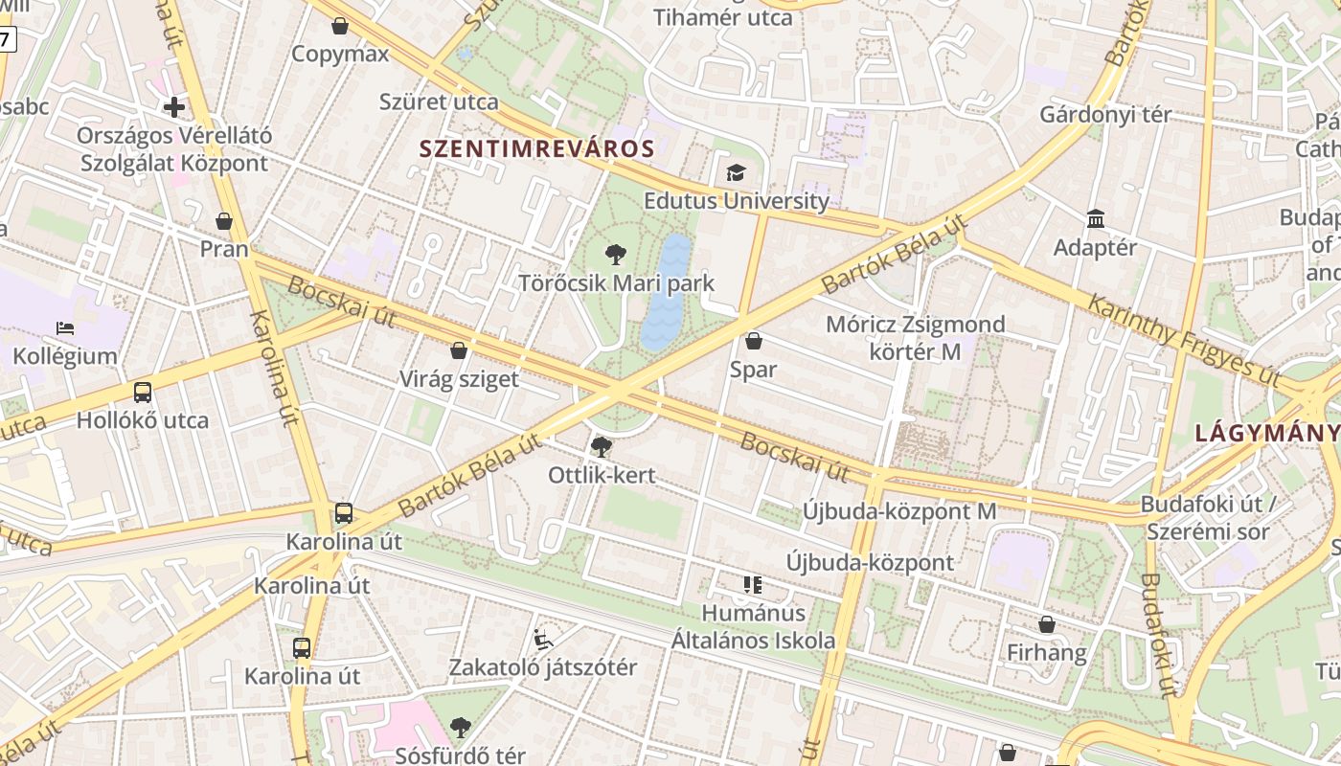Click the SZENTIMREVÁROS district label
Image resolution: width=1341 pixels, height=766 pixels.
click(536, 148)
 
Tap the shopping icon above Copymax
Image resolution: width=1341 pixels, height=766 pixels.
click(340, 26)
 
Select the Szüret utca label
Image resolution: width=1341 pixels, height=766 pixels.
click(439, 101)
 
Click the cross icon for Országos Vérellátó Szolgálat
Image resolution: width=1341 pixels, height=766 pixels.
click(174, 106)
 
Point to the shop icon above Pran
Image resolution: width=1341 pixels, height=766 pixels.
click(224, 221)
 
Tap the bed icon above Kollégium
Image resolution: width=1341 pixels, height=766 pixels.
click(65, 328)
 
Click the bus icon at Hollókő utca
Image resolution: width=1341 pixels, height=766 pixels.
click(142, 392)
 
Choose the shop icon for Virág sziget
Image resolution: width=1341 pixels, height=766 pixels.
click(459, 350)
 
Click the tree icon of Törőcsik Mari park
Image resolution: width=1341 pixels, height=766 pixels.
click(616, 255)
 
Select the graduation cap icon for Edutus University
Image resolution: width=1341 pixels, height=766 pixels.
click(736, 173)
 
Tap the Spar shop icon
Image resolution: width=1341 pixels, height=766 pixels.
click(754, 341)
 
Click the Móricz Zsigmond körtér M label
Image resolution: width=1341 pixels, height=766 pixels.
click(915, 338)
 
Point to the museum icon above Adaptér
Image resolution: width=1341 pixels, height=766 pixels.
click(1096, 219)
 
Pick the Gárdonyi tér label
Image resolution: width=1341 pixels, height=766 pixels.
click(1105, 115)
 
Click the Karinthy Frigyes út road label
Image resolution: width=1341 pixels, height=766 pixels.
click(1184, 339)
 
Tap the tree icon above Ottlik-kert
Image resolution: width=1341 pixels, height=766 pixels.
click(602, 446)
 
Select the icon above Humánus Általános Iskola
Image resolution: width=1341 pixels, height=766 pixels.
click(752, 584)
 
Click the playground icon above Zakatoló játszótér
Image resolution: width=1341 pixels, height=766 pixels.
click(543, 639)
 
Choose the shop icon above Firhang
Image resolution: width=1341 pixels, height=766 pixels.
click(1047, 624)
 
